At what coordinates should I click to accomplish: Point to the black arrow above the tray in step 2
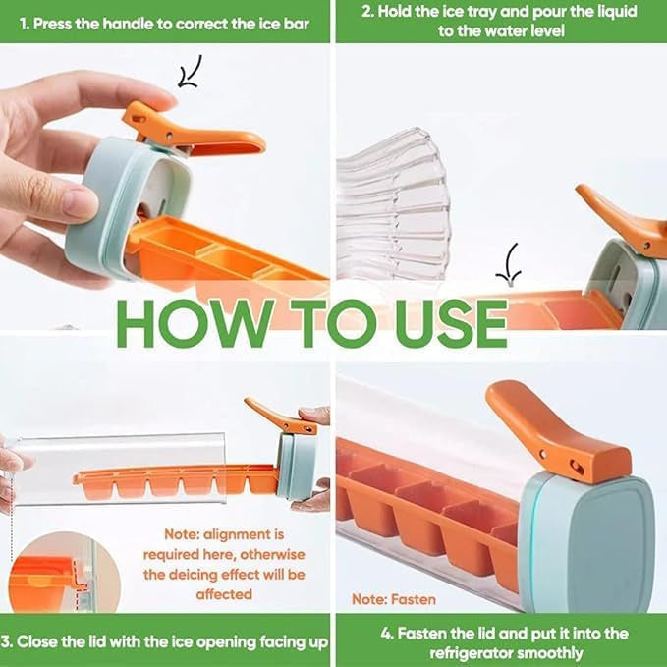point(511,263)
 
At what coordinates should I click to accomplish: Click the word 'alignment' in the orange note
point(245,535)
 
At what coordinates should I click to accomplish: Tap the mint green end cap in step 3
point(295,467)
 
